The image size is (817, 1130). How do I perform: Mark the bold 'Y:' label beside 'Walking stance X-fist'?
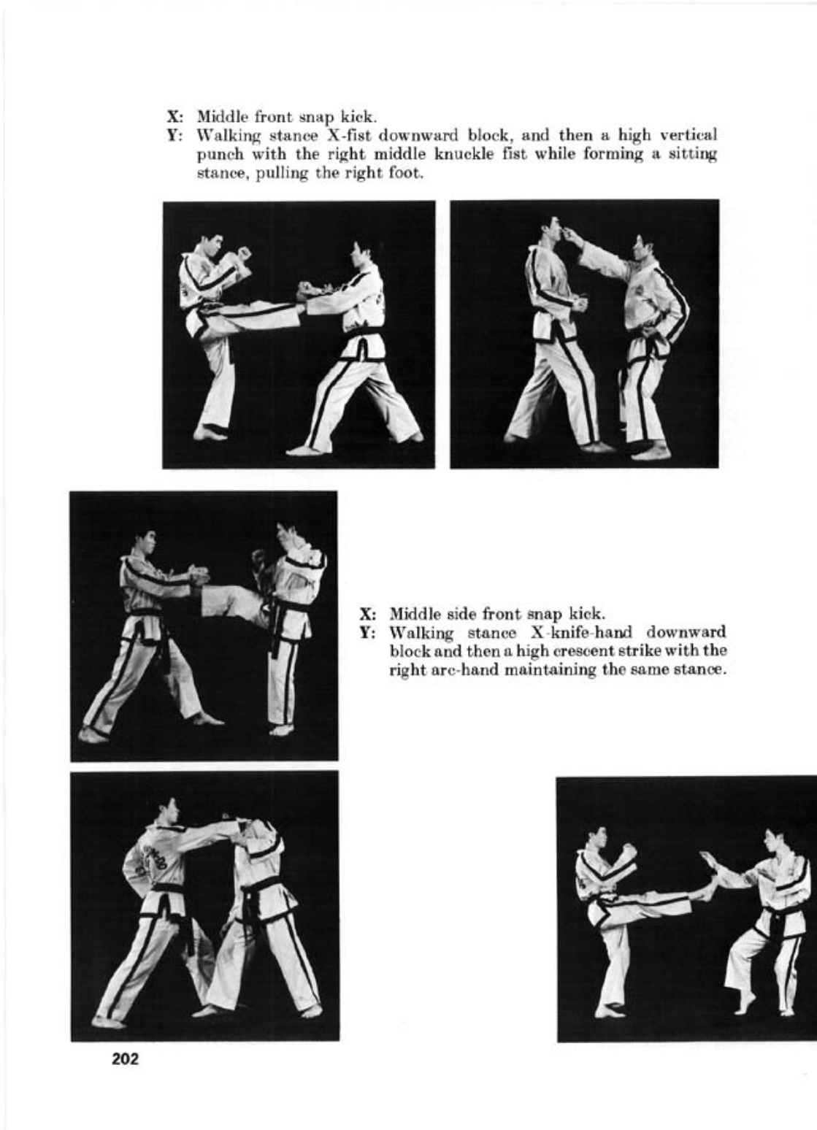(175, 136)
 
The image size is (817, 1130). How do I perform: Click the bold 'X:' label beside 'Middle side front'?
(367, 614)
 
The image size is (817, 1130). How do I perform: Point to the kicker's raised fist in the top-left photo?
(245, 253)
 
